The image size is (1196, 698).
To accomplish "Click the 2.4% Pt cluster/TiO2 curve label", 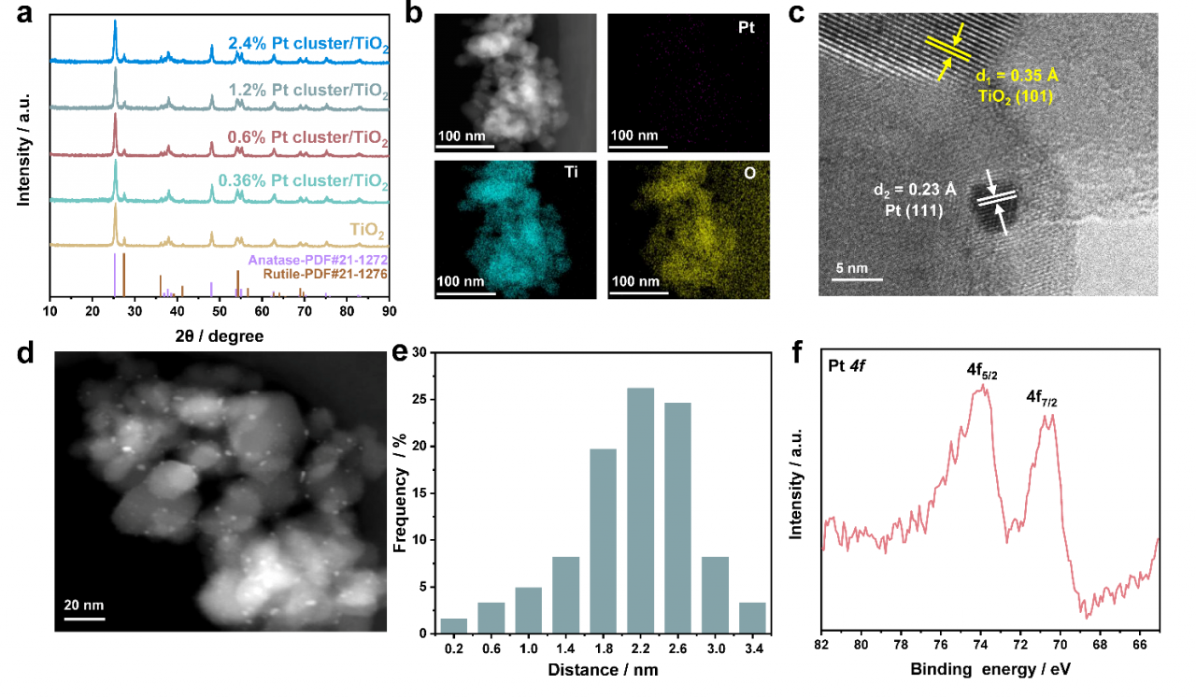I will (308, 44).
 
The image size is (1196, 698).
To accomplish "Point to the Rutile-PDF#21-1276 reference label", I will (323, 274).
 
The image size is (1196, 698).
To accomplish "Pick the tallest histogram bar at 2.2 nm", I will (640, 510).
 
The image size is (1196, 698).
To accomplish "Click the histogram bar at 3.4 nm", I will (752, 618).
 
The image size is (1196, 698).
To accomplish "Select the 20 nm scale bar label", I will (84, 605).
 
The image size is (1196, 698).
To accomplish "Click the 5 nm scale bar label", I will (852, 267).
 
